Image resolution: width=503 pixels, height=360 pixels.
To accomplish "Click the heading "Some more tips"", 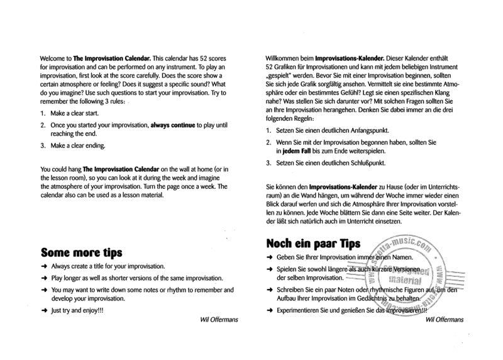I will click(x=81, y=253).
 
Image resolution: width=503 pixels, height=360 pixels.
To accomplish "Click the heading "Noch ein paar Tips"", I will click(x=313, y=243).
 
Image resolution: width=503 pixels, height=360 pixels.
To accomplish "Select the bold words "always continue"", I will click(x=172, y=125).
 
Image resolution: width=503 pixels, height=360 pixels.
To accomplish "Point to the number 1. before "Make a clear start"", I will click(x=43, y=113).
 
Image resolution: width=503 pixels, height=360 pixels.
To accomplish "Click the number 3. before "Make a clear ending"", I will click(x=43, y=145).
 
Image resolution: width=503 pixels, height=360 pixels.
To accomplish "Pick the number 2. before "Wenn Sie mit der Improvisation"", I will click(x=268, y=143).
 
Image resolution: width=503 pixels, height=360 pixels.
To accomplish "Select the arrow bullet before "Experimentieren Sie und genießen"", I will click(x=270, y=310).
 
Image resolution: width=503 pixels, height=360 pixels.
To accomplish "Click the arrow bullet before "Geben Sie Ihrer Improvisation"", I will click(x=270, y=258).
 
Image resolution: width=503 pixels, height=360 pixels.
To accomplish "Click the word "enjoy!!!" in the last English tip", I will click(x=91, y=310).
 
